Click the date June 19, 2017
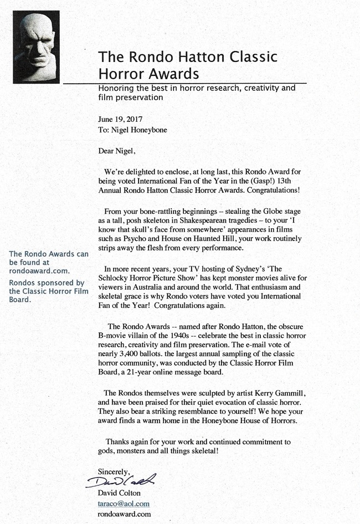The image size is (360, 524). pos(120,119)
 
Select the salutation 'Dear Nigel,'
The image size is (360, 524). pos(116,150)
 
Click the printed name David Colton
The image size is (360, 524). pos(120,493)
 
